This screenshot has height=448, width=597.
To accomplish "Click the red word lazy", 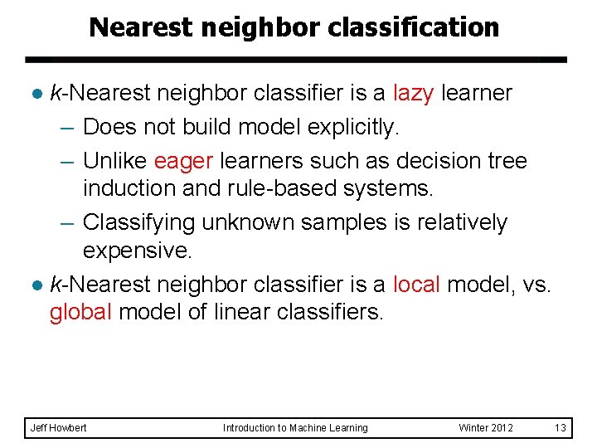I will point(413,93).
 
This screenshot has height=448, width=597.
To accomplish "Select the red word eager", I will point(183,159).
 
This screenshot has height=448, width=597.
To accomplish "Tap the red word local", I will point(416,285).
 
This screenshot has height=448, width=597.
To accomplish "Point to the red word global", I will point(80,314).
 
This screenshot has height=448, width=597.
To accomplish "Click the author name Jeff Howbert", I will point(58,428).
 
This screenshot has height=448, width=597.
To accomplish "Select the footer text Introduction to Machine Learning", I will point(295,428).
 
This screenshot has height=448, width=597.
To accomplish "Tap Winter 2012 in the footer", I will point(486,428).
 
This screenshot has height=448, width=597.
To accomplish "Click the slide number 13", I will point(560,428).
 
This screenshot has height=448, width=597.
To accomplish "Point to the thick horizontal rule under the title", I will point(295,60).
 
